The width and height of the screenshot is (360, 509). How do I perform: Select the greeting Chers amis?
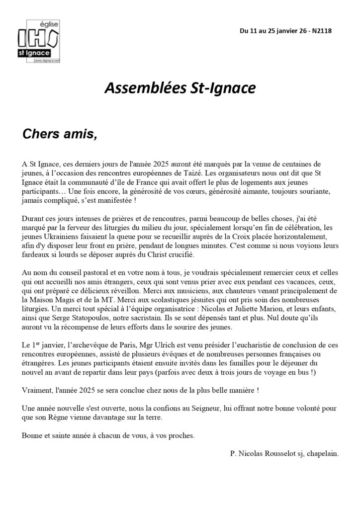tap(59, 134)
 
